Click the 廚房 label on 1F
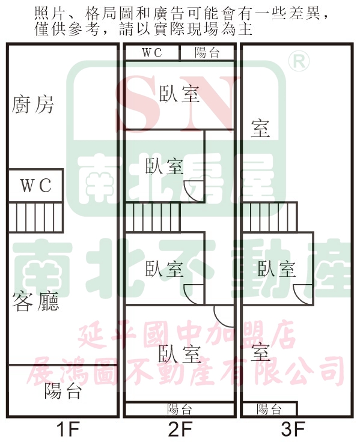point(32,104)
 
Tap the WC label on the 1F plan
point(36,185)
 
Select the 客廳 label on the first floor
point(35,301)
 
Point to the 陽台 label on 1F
point(63,391)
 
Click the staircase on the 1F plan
point(36,217)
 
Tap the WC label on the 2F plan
point(152,52)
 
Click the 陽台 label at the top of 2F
point(207,52)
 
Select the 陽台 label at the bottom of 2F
point(180,410)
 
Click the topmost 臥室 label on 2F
point(180,94)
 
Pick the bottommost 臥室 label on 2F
point(180,354)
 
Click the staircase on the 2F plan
point(153,217)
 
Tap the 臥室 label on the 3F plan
point(276,268)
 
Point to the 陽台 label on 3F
point(269,410)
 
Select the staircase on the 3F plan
point(270,217)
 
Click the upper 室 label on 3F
point(260,129)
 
